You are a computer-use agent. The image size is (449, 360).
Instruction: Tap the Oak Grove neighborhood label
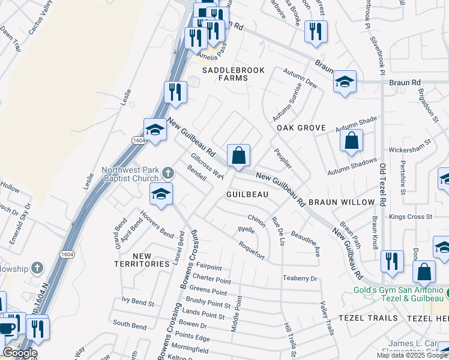tap(301, 128)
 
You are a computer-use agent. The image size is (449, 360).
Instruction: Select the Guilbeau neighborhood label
tap(247, 195)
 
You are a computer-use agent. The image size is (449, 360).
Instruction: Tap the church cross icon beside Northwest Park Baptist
tap(167, 173)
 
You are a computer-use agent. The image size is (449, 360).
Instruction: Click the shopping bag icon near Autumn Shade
tap(352, 141)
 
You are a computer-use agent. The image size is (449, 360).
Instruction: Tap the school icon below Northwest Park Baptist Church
tap(161, 194)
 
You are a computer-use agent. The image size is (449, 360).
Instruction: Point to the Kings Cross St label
tap(411, 217)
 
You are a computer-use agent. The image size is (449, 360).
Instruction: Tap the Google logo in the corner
tap(20, 353)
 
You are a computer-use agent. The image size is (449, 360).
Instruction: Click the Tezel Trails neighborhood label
tap(367, 317)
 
